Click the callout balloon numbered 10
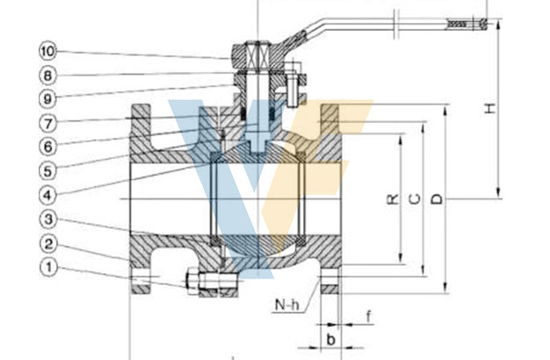pos(47,51)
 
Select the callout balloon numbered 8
pos(47,76)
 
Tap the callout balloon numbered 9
pos(47,99)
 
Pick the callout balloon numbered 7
pos(47,124)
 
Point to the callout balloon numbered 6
pos(47,147)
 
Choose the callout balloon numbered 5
pos(47,171)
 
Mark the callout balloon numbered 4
pos(47,195)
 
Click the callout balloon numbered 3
pos(48,220)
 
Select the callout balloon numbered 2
pos(48,244)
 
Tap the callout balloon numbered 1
pos(48,268)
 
